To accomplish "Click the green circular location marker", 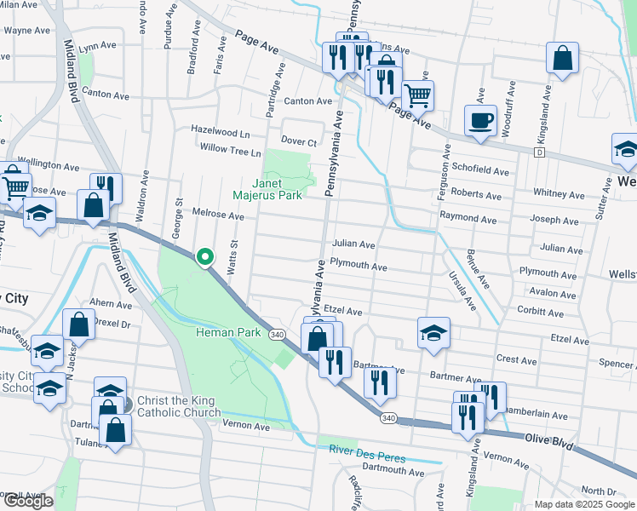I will (204, 255).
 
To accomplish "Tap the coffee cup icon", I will (480, 120).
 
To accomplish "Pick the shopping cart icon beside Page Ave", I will (417, 95).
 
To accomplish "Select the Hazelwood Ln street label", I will (221, 134).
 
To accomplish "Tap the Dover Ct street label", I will (299, 142).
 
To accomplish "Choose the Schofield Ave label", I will (480, 171).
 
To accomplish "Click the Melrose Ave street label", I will (218, 217).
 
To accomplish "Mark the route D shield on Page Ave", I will (539, 152).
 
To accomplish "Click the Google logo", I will (28, 501).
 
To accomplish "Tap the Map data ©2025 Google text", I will (584, 504).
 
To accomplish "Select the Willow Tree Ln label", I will (230, 152).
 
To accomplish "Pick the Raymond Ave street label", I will (468, 217).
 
